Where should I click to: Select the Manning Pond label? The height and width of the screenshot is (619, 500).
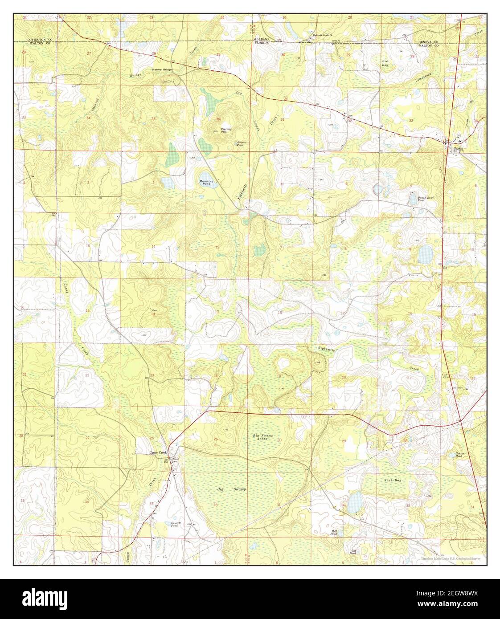(206, 182)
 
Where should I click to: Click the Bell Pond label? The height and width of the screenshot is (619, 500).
(334, 533)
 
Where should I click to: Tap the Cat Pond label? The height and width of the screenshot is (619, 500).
(353, 552)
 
